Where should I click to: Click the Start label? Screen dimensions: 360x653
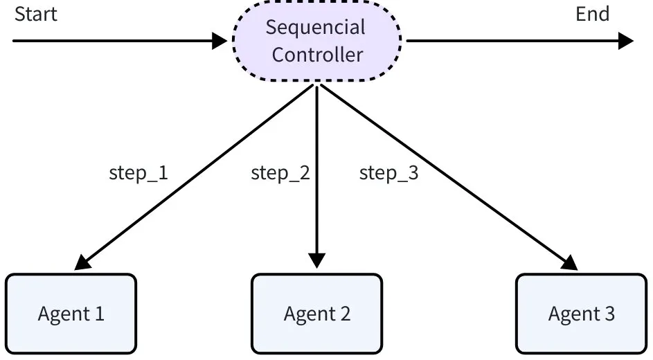[x=35, y=15]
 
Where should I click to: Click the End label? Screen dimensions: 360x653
[x=592, y=15]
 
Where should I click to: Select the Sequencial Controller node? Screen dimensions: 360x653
[x=316, y=41]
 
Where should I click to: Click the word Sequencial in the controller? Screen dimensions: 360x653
[x=316, y=28]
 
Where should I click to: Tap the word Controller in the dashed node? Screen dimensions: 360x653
[x=317, y=55]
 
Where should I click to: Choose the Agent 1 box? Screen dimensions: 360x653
[x=71, y=314]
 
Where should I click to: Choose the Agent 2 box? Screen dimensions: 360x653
[x=316, y=314]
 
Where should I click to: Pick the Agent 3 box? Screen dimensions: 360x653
[x=581, y=314]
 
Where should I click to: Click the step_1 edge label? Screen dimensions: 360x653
[x=138, y=172]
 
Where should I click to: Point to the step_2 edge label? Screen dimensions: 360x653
[x=280, y=172]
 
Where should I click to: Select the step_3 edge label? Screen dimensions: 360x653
[x=388, y=172]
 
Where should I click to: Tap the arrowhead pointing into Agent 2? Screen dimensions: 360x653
[x=316, y=260]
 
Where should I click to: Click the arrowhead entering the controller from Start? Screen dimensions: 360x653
[x=220, y=41]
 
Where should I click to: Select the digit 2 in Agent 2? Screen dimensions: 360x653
[x=344, y=314]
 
